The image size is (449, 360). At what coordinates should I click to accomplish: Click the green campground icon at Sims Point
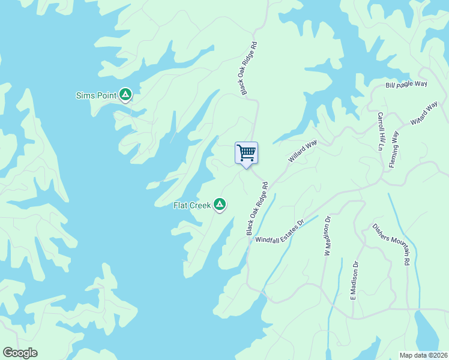pyautogui.click(x=125, y=94)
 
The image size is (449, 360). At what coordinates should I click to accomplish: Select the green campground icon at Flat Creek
pyautogui.click(x=220, y=205)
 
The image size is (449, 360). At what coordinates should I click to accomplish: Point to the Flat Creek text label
pyautogui.click(x=192, y=205)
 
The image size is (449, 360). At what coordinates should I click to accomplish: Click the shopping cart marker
pyautogui.click(x=246, y=153)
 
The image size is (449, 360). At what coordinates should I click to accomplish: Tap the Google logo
pyautogui.click(x=20, y=353)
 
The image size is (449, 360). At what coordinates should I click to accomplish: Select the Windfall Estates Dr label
pyautogui.click(x=280, y=231)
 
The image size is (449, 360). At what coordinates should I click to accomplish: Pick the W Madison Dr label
pyautogui.click(x=328, y=236)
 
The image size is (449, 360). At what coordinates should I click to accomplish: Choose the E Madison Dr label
pyautogui.click(x=355, y=280)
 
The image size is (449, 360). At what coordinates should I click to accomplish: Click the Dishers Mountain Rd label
pyautogui.click(x=391, y=244)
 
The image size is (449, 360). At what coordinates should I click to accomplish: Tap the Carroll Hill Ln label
pyautogui.click(x=381, y=130)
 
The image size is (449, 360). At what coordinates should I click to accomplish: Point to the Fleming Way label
pyautogui.click(x=394, y=149)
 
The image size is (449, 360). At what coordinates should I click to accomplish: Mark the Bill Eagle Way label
pyautogui.click(x=406, y=85)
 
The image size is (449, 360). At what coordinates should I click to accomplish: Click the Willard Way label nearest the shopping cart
pyautogui.click(x=303, y=151)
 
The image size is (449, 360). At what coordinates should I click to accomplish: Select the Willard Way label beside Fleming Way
pyautogui.click(x=424, y=113)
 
